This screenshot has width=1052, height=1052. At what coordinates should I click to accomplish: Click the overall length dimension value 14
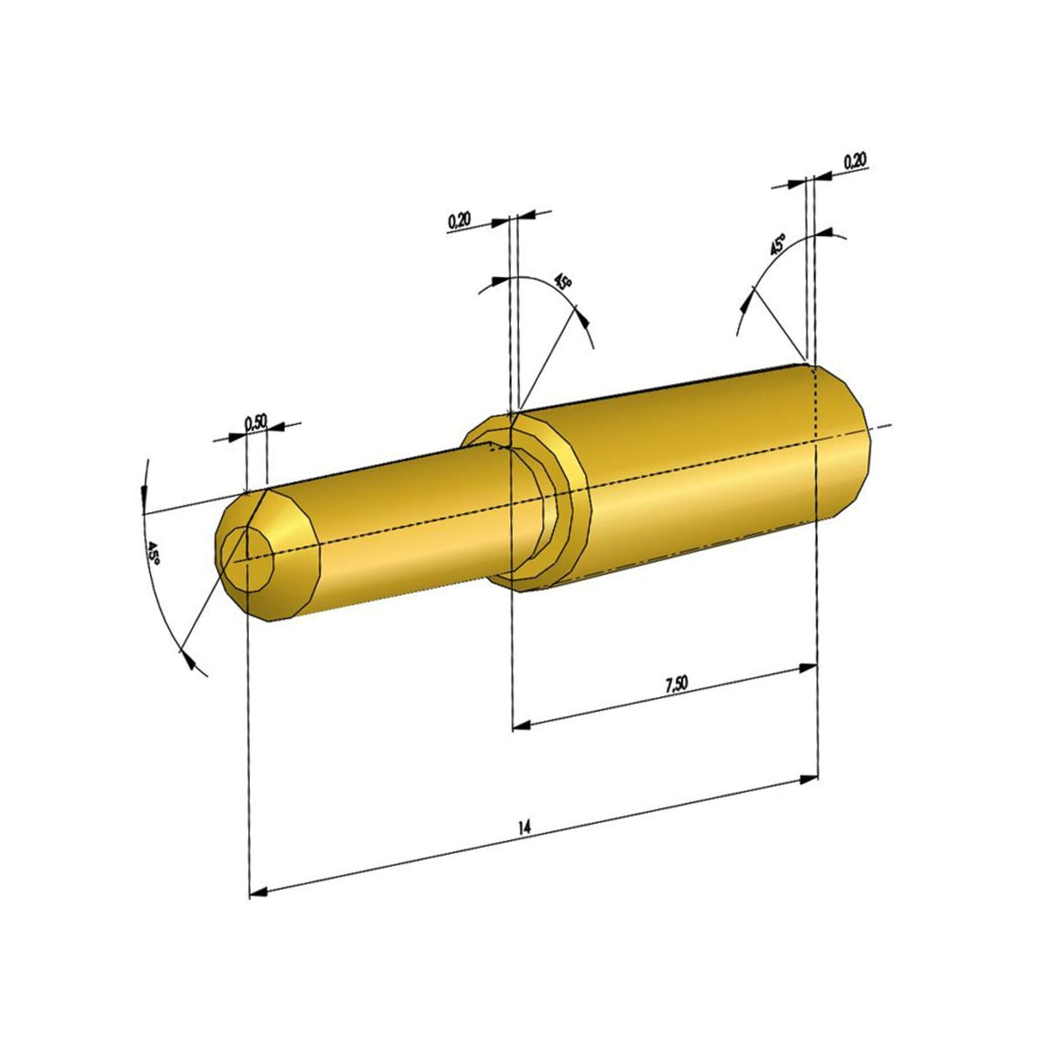[524, 827]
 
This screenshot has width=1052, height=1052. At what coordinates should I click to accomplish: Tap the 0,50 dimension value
[255, 422]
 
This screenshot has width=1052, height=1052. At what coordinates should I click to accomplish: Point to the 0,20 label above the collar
[458, 220]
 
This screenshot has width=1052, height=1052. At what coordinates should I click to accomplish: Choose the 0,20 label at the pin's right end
[855, 161]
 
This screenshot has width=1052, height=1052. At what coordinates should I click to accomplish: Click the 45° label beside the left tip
[152, 554]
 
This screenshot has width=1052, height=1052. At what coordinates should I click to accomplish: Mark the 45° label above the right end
[777, 245]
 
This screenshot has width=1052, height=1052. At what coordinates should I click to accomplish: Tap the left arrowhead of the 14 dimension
[259, 892]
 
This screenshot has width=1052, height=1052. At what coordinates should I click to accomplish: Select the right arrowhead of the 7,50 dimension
[808, 668]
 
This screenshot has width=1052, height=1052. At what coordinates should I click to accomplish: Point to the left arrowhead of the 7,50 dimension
[522, 724]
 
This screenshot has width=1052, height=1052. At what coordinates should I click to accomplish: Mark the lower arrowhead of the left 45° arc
[187, 658]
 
